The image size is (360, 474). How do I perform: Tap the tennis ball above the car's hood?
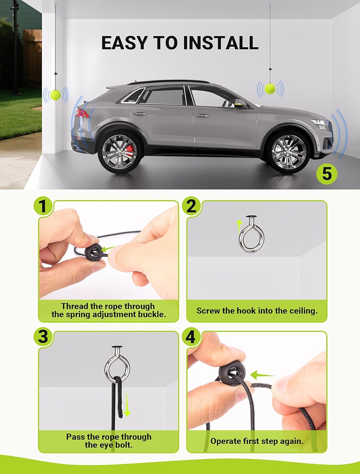[270, 89]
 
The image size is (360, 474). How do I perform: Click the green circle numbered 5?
[327, 173]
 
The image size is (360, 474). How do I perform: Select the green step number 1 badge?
[43, 205]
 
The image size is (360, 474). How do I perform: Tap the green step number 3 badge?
[43, 336]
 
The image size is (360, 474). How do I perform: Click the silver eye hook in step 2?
[251, 235]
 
